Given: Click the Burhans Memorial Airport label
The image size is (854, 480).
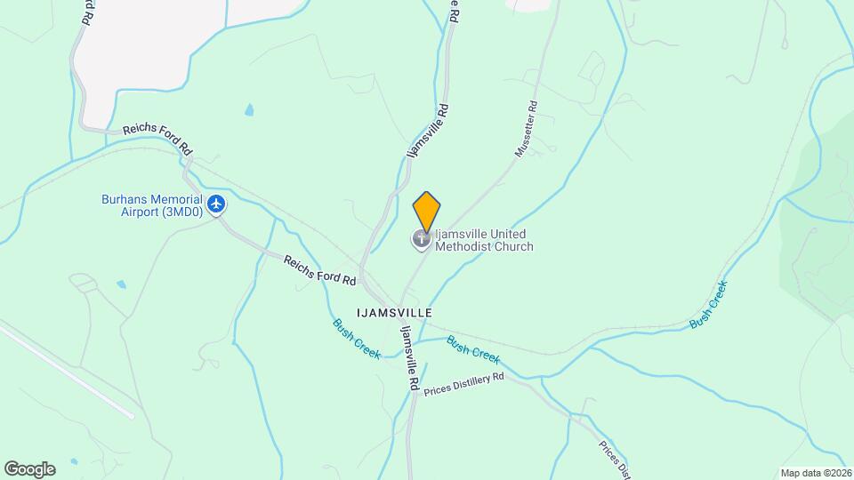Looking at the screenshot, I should tap(151, 205).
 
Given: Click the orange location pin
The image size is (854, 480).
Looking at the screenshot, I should tap(427, 212).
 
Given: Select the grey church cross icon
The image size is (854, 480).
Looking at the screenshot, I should tap(421, 238).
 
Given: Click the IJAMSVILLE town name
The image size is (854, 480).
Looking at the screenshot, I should tap(394, 313).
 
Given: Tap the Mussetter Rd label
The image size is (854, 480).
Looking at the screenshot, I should tap(527, 130).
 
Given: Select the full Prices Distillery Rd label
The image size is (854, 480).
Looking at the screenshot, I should tap(463, 383).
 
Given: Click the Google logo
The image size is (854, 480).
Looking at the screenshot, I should tap(29, 468).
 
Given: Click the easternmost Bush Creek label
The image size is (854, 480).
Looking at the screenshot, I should tap(709, 306).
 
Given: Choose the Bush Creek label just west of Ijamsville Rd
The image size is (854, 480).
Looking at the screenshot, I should tap(357, 340).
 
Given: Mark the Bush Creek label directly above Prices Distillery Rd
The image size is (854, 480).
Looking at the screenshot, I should tap(472, 348).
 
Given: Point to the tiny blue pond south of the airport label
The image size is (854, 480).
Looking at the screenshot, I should tap(121, 284).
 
